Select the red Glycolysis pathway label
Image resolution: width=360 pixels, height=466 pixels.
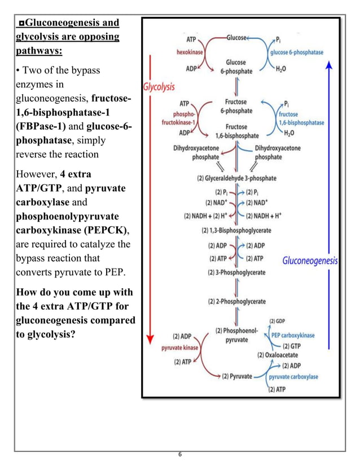[159, 87]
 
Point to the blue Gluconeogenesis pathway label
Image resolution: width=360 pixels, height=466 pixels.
[310, 261]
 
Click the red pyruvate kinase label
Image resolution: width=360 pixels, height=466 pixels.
[180, 348]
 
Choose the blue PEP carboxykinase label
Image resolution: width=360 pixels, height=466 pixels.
[293, 335]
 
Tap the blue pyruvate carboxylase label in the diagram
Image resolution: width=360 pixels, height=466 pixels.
[293, 376]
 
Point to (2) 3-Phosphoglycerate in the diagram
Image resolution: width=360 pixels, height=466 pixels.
[236, 273]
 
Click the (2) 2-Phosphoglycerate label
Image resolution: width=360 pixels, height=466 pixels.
[236, 301]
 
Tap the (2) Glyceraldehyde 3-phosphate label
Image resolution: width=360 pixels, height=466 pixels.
[236, 178]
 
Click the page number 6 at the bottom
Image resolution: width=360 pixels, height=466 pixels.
[179, 456]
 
